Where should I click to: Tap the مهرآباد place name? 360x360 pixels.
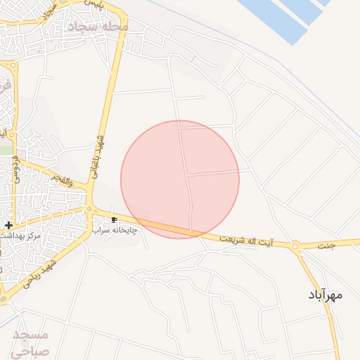pos(325,295)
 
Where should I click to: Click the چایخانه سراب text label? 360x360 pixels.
pos(115,230)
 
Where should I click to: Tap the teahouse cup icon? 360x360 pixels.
pos(115,220)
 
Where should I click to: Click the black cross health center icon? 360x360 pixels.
pos(8,225)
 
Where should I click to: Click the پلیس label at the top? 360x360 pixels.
pos(91,4)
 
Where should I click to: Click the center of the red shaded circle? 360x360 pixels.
pos(180,179)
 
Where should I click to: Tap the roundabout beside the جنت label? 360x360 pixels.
pos(295,246)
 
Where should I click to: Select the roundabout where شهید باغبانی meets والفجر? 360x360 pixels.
pos(89,208)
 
